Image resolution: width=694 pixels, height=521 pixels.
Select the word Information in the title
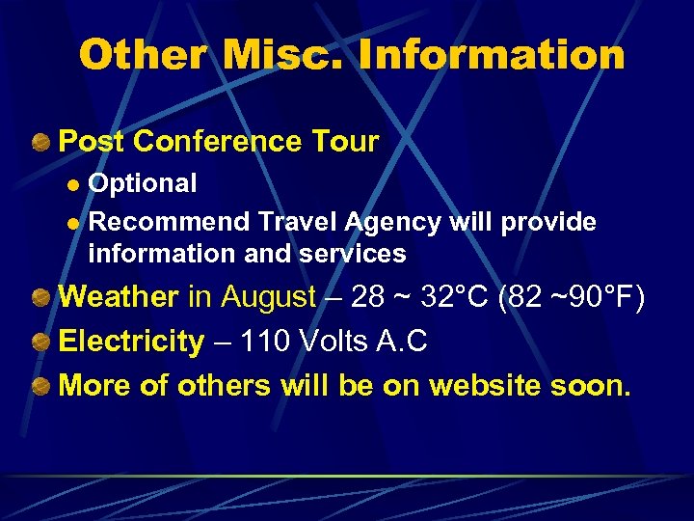pyautogui.click(x=493, y=55)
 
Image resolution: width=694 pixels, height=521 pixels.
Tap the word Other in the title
pyautogui.click(x=143, y=55)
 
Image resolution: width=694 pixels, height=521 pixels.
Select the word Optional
pyautogui.click(x=143, y=183)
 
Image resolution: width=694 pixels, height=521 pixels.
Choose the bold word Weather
pyautogui.click(x=119, y=296)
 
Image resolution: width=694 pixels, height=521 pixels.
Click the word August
pyautogui.click(x=268, y=296)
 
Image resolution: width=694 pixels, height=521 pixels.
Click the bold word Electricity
pyautogui.click(x=132, y=341)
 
